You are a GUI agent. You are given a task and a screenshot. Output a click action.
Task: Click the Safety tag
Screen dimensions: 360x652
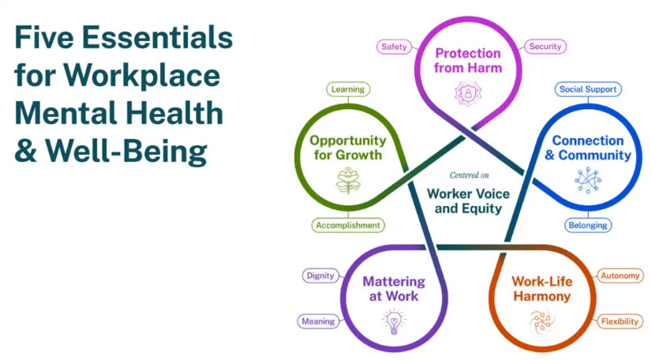(394, 47)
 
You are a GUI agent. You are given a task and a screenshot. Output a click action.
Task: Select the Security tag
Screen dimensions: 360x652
(545, 47)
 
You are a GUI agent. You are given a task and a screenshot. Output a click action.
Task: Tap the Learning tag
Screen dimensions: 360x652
(347, 89)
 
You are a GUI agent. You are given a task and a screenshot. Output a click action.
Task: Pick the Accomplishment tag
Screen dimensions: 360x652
(347, 225)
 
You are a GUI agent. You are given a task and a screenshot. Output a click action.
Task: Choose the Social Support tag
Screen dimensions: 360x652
(588, 89)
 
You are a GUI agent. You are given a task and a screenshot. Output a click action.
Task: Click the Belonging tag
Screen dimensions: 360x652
(588, 225)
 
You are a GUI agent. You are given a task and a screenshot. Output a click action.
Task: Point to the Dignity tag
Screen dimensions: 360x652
(321, 276)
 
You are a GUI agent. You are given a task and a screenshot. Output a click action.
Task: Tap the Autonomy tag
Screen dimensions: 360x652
(620, 276)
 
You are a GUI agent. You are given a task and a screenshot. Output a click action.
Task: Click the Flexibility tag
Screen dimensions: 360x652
(620, 321)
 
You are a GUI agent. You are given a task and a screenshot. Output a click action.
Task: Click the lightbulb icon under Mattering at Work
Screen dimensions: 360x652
(392, 321)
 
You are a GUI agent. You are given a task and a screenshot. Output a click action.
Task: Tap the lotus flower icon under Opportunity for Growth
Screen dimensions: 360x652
(347, 183)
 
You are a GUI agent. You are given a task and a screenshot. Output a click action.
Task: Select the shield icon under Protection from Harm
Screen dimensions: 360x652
(467, 93)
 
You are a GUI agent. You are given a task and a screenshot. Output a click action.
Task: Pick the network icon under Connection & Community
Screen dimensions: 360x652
(587, 181)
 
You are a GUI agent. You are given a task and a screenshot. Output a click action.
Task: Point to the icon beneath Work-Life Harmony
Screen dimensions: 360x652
(541, 320)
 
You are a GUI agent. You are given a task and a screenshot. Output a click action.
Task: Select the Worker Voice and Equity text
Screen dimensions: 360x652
(467, 201)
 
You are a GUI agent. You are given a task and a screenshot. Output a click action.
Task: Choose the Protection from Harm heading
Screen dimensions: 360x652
(468, 61)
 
